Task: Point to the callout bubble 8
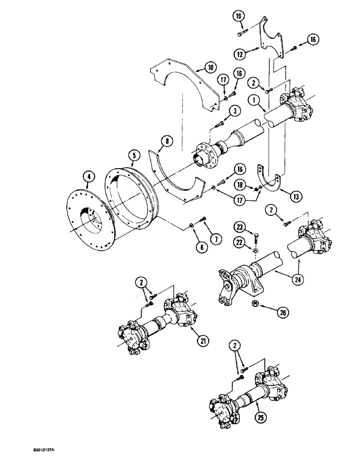pos(155,138)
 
